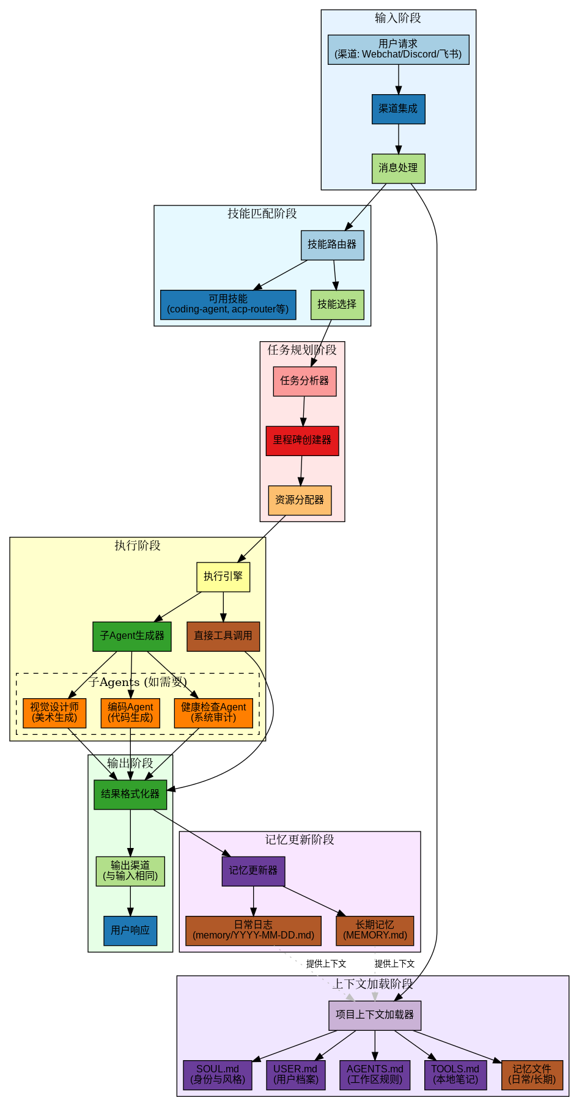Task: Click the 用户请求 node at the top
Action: tap(399, 50)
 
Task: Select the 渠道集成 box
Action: tap(399, 109)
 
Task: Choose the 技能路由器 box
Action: tap(333, 245)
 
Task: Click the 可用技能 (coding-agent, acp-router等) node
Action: tap(228, 304)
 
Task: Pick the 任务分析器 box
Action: tap(305, 382)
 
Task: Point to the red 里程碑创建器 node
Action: tap(303, 441)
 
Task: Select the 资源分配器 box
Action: tap(300, 501)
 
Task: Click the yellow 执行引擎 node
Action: tap(223, 577)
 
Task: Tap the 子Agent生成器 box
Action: tap(132, 636)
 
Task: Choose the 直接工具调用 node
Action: tap(223, 636)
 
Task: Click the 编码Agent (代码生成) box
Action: tap(130, 713)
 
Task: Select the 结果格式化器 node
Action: tap(130, 795)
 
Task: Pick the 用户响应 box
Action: tap(130, 931)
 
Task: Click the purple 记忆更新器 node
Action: tap(253, 871)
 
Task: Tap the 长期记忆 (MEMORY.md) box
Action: tap(375, 931)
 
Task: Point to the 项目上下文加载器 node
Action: tap(375, 1016)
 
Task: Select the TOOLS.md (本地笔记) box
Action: tap(455, 1075)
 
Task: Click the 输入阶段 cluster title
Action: tap(399, 18)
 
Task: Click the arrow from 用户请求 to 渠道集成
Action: tap(399, 79)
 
